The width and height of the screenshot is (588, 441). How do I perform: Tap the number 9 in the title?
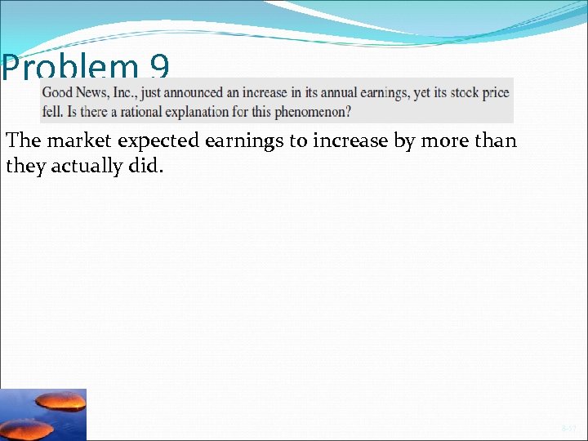[161, 69]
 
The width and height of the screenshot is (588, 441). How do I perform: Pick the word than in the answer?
[495, 140]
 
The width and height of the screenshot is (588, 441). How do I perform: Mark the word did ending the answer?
[149, 167]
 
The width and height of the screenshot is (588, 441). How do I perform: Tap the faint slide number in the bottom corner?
[568, 428]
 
